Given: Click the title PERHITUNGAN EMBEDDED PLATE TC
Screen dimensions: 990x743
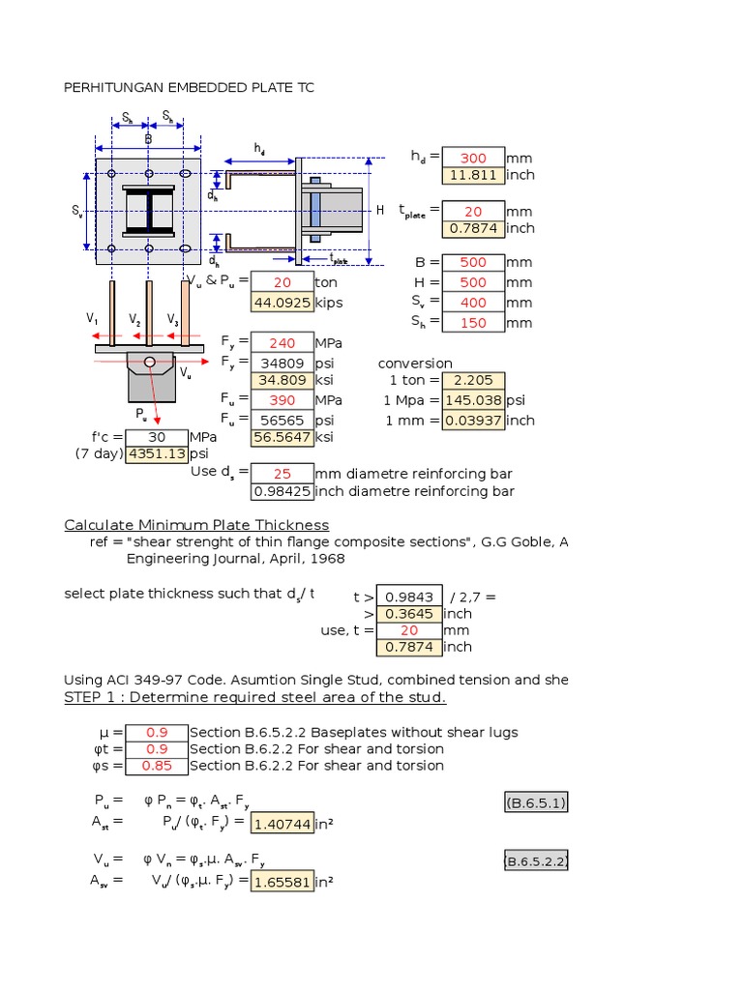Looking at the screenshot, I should click(x=189, y=88).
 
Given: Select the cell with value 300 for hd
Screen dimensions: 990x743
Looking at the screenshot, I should click(x=473, y=158).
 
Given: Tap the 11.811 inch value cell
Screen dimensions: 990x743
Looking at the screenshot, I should click(x=473, y=175).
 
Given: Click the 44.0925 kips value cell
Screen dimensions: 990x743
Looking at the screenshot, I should click(x=282, y=302).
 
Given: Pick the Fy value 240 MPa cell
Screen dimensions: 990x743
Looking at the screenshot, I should click(x=282, y=342).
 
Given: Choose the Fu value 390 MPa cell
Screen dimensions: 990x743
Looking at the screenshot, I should click(x=282, y=398).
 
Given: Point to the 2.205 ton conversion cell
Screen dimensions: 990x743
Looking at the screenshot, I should click(x=473, y=380).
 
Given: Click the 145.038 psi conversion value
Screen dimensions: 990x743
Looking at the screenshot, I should click(x=473, y=399).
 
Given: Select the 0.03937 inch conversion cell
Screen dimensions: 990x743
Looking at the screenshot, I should click(x=473, y=420).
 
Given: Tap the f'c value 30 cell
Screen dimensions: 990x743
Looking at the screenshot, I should click(x=156, y=436).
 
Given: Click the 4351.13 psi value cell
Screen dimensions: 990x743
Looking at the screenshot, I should click(x=156, y=453).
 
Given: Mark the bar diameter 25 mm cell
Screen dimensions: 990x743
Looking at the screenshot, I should click(x=282, y=474).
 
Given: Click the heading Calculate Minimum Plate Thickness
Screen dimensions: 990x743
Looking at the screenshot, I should click(x=196, y=525).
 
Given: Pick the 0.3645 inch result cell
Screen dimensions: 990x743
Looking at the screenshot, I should click(x=409, y=613).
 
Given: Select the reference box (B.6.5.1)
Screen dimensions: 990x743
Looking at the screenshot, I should click(x=536, y=803).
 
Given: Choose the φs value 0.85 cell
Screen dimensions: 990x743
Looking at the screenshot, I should click(x=157, y=766).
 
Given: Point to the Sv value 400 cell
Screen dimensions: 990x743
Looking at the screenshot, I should click(x=473, y=303).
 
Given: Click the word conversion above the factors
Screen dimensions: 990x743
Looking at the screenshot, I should click(x=415, y=364).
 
